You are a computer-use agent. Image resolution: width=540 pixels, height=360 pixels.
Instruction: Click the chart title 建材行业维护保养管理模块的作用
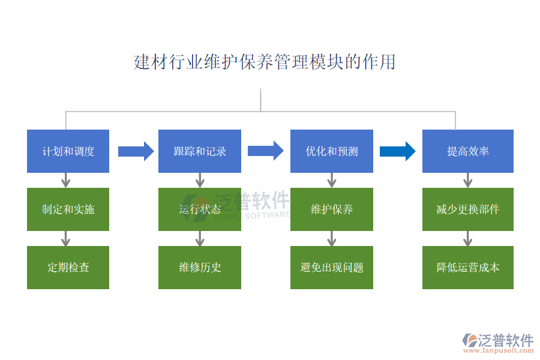(265, 62)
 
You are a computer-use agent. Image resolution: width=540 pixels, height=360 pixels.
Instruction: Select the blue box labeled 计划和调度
(68, 151)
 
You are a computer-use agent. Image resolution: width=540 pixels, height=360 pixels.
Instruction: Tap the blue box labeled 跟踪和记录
(200, 151)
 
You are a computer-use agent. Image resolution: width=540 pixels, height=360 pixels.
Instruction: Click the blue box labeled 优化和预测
(332, 151)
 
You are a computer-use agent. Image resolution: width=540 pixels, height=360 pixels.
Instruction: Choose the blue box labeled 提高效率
(468, 151)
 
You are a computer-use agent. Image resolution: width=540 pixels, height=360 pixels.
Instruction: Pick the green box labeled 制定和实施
(68, 209)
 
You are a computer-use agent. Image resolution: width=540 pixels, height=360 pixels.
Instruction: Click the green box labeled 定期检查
(68, 268)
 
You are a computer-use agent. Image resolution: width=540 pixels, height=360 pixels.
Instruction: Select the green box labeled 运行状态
(200, 209)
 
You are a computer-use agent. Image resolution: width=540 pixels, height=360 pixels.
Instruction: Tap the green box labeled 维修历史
(200, 268)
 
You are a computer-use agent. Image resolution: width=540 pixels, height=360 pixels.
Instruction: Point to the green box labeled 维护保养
(332, 209)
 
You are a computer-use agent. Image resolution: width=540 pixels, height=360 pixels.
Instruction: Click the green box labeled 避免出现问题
(332, 268)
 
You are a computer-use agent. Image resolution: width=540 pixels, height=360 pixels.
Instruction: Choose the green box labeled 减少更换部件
(468, 209)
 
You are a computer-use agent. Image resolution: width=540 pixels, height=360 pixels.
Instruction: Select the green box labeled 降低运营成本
(468, 268)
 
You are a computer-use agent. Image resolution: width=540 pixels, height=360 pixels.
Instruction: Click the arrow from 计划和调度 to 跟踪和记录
(136, 151)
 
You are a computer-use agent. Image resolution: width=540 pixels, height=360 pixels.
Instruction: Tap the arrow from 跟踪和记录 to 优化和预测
(265, 151)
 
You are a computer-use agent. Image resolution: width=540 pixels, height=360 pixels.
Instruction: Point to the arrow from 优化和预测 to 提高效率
(397, 151)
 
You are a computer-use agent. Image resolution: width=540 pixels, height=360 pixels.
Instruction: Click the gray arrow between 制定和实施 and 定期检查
(66, 239)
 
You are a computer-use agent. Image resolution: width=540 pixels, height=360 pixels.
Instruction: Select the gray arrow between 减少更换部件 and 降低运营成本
(468, 239)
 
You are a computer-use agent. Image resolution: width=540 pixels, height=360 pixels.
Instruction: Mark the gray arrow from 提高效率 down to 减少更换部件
(468, 180)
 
